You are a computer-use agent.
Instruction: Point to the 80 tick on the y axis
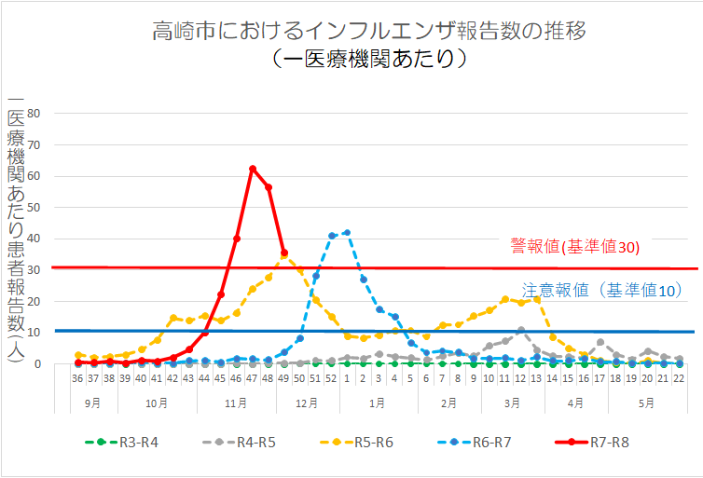[35, 114]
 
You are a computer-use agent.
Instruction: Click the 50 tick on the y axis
[35, 208]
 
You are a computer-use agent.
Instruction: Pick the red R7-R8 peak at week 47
[253, 169]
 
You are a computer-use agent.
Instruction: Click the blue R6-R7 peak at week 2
[347, 232]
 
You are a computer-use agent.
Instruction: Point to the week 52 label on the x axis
[331, 380]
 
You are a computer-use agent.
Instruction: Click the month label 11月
[237, 403]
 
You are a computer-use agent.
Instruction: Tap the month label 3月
[512, 403]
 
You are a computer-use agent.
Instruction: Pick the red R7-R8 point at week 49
[284, 253]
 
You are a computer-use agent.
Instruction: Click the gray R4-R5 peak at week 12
[521, 330]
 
